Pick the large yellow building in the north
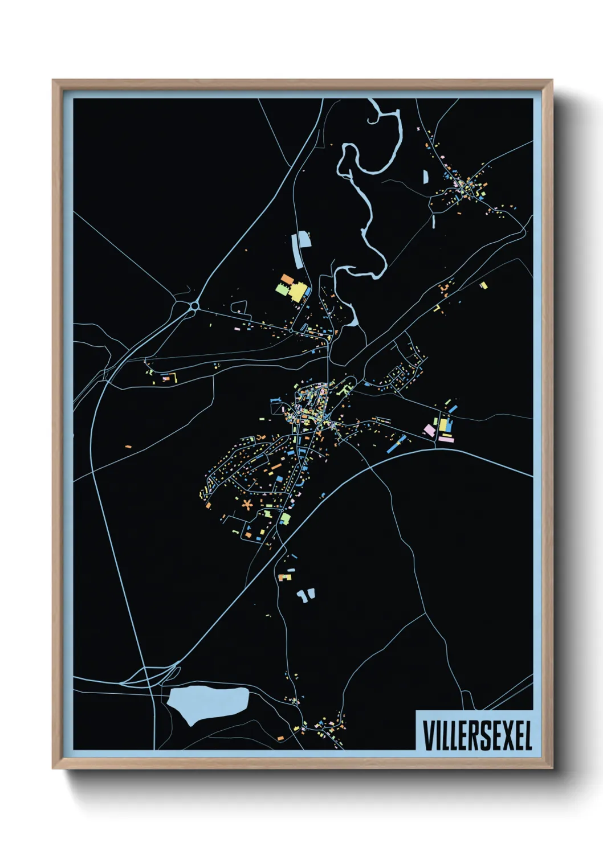pos(298,293)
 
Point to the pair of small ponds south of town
pos(305,596)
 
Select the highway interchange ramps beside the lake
pos(151,675)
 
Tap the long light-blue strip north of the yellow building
pos(298,249)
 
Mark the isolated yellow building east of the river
pos(483,285)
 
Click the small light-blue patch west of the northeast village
pos(425,177)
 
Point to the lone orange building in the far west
pos(129,446)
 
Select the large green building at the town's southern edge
pos(285,518)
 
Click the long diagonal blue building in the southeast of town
pos(396,445)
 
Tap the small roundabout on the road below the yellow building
pos(291,330)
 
